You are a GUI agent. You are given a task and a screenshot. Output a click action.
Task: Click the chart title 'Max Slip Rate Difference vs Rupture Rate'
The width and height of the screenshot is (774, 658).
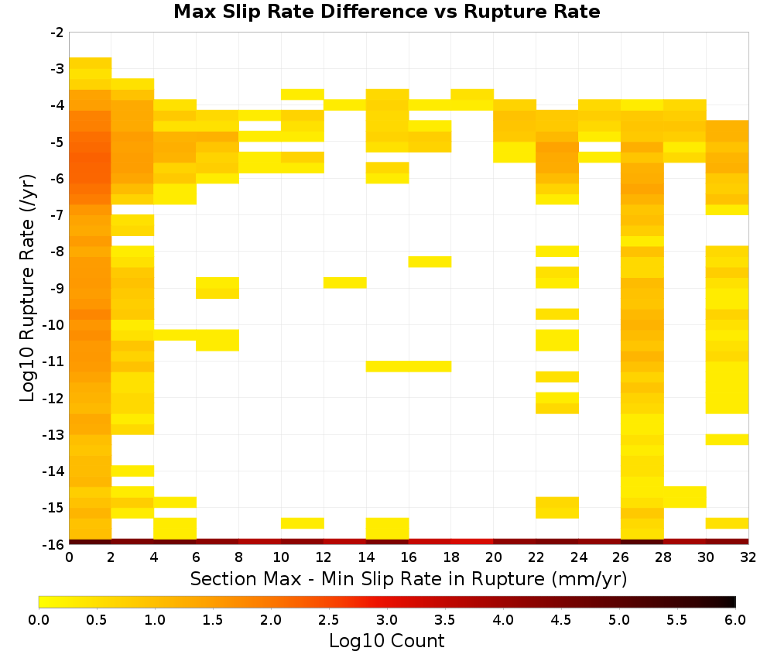click(x=386, y=12)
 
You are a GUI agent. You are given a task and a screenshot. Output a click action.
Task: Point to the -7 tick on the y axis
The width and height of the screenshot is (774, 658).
click(x=57, y=215)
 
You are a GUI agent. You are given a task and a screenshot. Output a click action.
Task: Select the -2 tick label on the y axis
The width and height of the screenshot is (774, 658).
click(x=57, y=33)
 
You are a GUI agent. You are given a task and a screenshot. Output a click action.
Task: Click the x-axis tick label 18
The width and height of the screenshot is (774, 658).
click(x=451, y=557)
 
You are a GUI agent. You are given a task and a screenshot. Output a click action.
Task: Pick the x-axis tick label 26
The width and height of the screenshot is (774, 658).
click(x=621, y=557)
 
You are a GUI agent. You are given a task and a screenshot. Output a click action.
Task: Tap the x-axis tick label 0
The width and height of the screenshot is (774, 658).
click(x=69, y=557)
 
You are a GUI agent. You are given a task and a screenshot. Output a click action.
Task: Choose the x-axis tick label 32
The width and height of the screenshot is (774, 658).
click(x=748, y=557)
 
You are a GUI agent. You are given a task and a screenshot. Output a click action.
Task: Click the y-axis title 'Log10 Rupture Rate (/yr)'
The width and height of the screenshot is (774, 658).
click(x=27, y=288)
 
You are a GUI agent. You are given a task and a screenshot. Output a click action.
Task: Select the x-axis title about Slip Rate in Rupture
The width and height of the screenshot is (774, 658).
click(x=409, y=579)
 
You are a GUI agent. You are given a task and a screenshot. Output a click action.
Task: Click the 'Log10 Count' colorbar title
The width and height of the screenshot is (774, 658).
click(x=386, y=641)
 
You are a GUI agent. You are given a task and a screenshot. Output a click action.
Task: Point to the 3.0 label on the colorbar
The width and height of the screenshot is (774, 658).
click(x=387, y=620)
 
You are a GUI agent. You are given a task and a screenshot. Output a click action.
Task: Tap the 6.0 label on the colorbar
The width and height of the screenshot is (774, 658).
click(x=735, y=620)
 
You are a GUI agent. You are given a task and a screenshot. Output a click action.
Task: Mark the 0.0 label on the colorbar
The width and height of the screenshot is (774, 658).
click(x=39, y=620)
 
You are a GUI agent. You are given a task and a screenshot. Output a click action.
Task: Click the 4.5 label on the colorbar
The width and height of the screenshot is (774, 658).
click(x=560, y=620)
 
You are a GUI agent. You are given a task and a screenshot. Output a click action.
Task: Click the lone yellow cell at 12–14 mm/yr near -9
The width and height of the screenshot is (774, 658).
click(x=345, y=283)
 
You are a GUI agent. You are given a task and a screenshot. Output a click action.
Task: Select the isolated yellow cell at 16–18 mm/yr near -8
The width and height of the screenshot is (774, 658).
click(x=430, y=262)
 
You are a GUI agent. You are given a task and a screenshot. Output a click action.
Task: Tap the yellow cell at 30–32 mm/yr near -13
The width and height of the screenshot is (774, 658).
click(x=727, y=440)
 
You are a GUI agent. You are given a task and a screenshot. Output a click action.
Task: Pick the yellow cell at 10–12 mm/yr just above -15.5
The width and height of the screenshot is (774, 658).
click(x=303, y=523)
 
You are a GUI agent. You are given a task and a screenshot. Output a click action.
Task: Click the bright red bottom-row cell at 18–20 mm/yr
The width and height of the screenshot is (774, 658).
click(x=472, y=542)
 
